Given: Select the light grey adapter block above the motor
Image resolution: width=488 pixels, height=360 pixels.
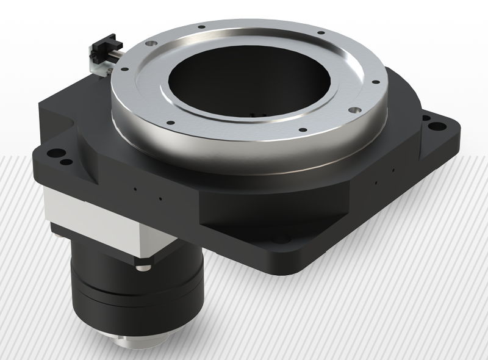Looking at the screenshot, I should (91, 211).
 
